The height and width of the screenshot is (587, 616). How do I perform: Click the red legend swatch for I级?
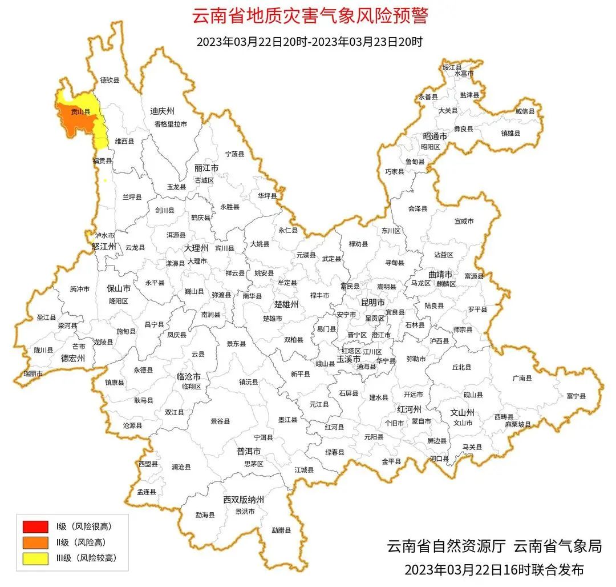point(35,526)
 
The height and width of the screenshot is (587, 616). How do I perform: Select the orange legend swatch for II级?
point(35,542)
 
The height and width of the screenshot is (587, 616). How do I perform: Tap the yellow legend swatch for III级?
point(35,558)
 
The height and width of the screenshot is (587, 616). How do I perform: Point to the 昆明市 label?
point(373,301)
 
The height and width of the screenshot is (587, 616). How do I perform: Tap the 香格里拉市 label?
point(170,124)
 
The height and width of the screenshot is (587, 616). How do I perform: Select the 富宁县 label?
point(576,395)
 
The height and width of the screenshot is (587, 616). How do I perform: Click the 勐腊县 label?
point(281,530)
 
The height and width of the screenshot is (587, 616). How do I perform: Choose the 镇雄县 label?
point(526,133)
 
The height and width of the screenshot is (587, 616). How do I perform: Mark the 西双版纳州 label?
point(244,500)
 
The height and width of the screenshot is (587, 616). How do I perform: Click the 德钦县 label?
point(110,81)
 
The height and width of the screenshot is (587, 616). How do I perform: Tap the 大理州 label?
point(196,248)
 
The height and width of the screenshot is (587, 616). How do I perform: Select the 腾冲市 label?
point(80,289)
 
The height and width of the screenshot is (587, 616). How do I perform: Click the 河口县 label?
point(439,459)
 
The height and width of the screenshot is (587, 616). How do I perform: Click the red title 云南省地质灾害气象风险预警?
point(308,17)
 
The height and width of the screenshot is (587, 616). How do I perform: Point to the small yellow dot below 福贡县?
point(105,180)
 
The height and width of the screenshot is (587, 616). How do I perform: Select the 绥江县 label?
point(451,67)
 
